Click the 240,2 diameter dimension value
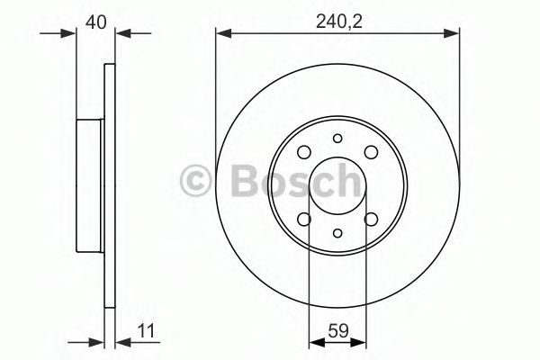click(x=339, y=22)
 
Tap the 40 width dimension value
click(x=96, y=22)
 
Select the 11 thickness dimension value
click(x=146, y=331)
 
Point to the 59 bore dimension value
click(x=338, y=331)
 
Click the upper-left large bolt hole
click(x=304, y=152)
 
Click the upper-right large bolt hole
click(x=371, y=152)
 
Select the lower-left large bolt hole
click(x=304, y=219)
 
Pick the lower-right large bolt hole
click(x=371, y=219)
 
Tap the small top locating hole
click(x=337, y=139)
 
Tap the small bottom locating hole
click(x=337, y=233)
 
